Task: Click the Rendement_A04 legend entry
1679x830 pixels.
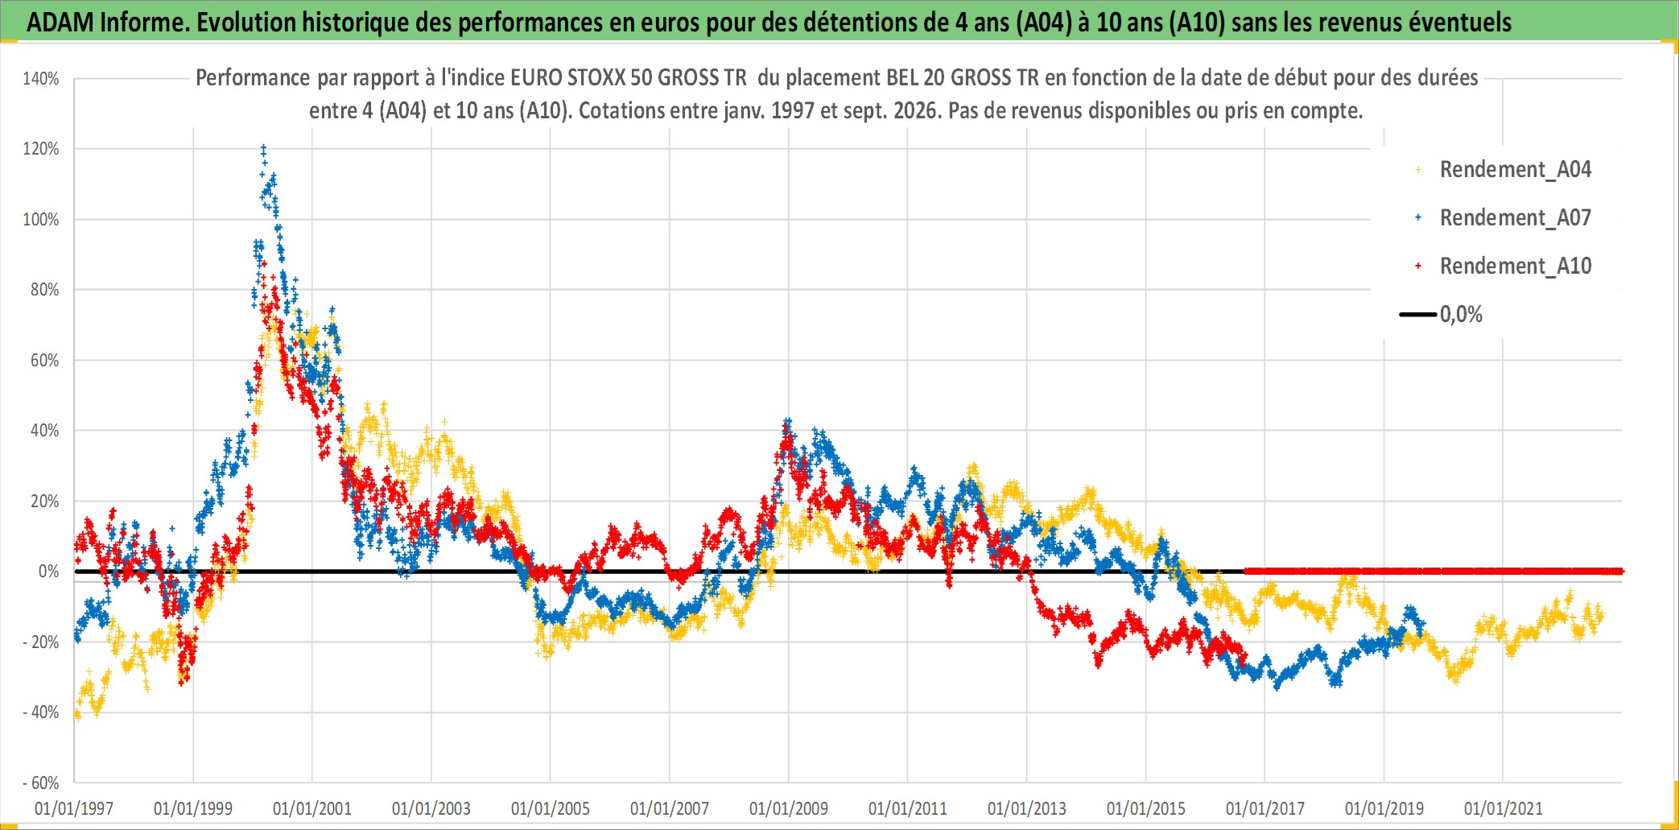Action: tap(1503, 169)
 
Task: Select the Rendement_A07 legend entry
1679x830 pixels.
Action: tap(1503, 217)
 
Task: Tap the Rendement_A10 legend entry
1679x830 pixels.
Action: tap(1503, 266)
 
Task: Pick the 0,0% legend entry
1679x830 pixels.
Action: tap(1441, 314)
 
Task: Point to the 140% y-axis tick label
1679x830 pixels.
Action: tap(41, 79)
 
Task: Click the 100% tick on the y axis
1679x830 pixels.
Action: tap(41, 219)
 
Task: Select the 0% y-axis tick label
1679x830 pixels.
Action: tap(49, 572)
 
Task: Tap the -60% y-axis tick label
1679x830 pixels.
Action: tap(41, 783)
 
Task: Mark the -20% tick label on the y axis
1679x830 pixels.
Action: tap(41, 642)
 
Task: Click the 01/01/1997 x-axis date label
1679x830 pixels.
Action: tap(74, 808)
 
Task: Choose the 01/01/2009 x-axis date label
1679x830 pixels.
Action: tap(789, 808)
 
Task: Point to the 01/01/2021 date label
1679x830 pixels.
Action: tap(1504, 808)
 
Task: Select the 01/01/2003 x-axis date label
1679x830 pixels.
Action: tap(431, 808)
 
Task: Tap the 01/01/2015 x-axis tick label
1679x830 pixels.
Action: tap(1146, 808)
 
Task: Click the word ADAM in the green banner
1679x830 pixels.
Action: tap(60, 22)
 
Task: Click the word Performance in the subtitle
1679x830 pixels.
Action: tap(253, 77)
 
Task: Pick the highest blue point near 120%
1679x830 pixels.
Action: tap(263, 147)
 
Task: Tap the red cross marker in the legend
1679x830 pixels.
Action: tap(1418, 266)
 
